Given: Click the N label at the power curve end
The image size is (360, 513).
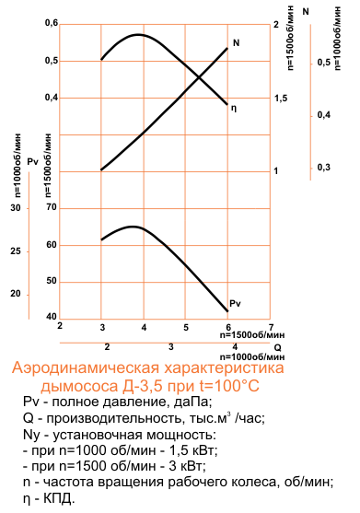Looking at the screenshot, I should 237,43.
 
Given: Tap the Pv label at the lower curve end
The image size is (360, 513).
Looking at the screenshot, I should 235,303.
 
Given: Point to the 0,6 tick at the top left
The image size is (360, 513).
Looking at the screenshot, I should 51,23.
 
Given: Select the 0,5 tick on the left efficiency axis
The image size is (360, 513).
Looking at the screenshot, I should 51,61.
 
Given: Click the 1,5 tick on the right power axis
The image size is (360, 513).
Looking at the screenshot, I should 281,98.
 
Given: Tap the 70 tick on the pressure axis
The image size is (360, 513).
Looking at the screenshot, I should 51,208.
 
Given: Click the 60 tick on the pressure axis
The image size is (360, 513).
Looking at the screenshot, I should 51,245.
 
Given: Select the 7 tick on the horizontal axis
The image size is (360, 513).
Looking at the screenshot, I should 271,325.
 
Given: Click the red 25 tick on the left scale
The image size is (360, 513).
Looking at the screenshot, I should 15,251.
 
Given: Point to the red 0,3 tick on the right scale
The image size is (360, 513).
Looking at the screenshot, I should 323,167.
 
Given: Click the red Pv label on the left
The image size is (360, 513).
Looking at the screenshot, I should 32,161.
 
